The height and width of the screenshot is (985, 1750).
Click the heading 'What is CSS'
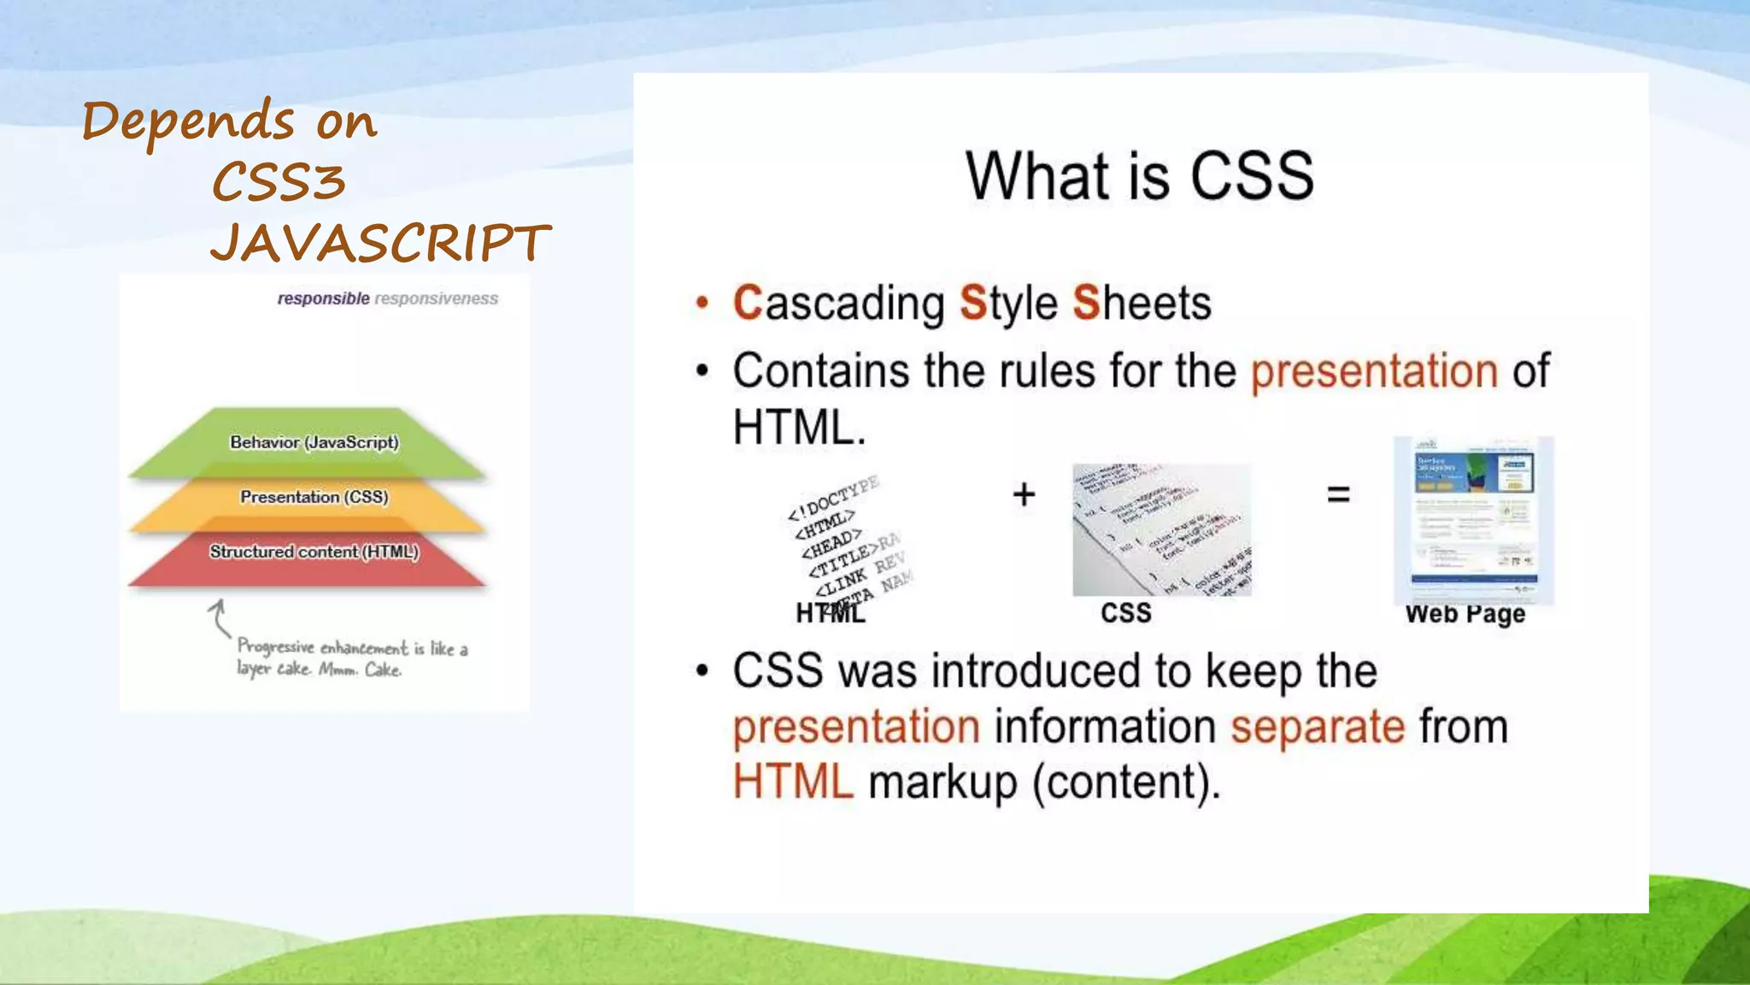click(1139, 176)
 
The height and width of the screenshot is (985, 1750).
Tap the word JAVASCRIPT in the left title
click(381, 243)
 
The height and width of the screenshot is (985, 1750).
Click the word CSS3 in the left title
click(279, 182)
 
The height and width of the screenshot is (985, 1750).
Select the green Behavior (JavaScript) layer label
click(314, 442)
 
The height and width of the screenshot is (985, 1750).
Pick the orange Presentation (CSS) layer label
click(314, 497)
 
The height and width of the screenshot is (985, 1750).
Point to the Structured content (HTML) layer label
click(314, 551)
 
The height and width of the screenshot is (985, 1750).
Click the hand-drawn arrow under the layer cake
click(219, 617)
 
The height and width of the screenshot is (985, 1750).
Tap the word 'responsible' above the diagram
click(323, 298)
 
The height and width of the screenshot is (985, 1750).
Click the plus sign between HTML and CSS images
click(1024, 494)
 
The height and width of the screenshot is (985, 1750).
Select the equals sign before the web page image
click(1338, 493)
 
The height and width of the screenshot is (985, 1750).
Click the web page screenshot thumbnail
click(1473, 519)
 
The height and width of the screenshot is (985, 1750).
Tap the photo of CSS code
click(1161, 530)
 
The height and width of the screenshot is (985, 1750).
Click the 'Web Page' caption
click(1465, 614)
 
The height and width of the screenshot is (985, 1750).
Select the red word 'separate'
click(1318, 727)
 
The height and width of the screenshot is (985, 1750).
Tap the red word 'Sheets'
click(1142, 304)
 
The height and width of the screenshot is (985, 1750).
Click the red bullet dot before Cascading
click(702, 303)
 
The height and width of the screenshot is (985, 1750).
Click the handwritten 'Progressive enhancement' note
click(352, 658)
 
